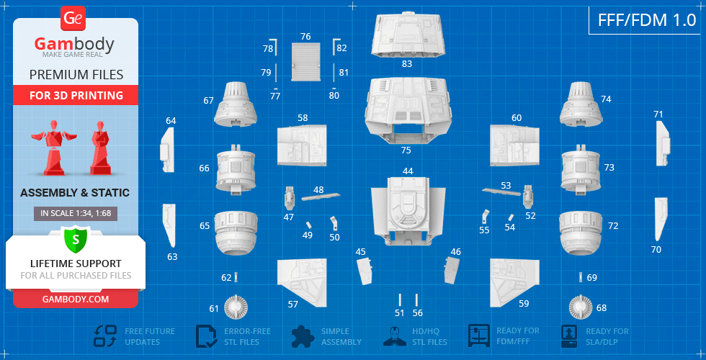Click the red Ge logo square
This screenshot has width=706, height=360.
73,19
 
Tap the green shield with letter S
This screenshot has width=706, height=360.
76,240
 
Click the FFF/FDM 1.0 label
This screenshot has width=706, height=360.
647,20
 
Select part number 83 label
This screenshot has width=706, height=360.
406,64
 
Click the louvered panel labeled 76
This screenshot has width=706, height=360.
305,62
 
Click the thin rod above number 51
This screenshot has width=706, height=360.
400,300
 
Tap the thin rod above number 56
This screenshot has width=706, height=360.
416,300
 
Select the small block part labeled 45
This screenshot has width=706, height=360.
365,271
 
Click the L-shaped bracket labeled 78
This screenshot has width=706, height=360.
274,46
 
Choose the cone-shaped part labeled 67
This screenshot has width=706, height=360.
236,104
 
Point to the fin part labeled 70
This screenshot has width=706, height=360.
660,219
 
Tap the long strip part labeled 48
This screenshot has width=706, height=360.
321,197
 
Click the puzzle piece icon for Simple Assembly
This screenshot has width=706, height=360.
303,336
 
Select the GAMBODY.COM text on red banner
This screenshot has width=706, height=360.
76,300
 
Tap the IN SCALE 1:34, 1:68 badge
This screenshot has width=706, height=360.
76,214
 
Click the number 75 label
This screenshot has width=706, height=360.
406,150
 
